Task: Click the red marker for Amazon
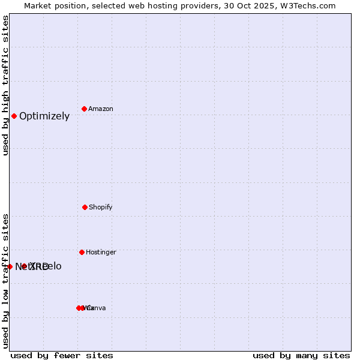tap(84, 109)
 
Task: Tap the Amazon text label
tap(101, 109)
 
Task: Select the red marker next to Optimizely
tap(14, 116)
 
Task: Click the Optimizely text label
tap(44, 116)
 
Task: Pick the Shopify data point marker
tap(85, 207)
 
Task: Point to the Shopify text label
tap(101, 208)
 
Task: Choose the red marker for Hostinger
tap(82, 252)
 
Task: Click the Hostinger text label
tap(101, 253)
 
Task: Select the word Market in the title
tap(38, 6)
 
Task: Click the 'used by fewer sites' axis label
tap(62, 355)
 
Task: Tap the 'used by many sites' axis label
tap(301, 355)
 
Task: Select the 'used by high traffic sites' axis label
tap(5, 85)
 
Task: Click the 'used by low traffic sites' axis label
tap(5, 281)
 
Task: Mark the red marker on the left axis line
tap(10, 266)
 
